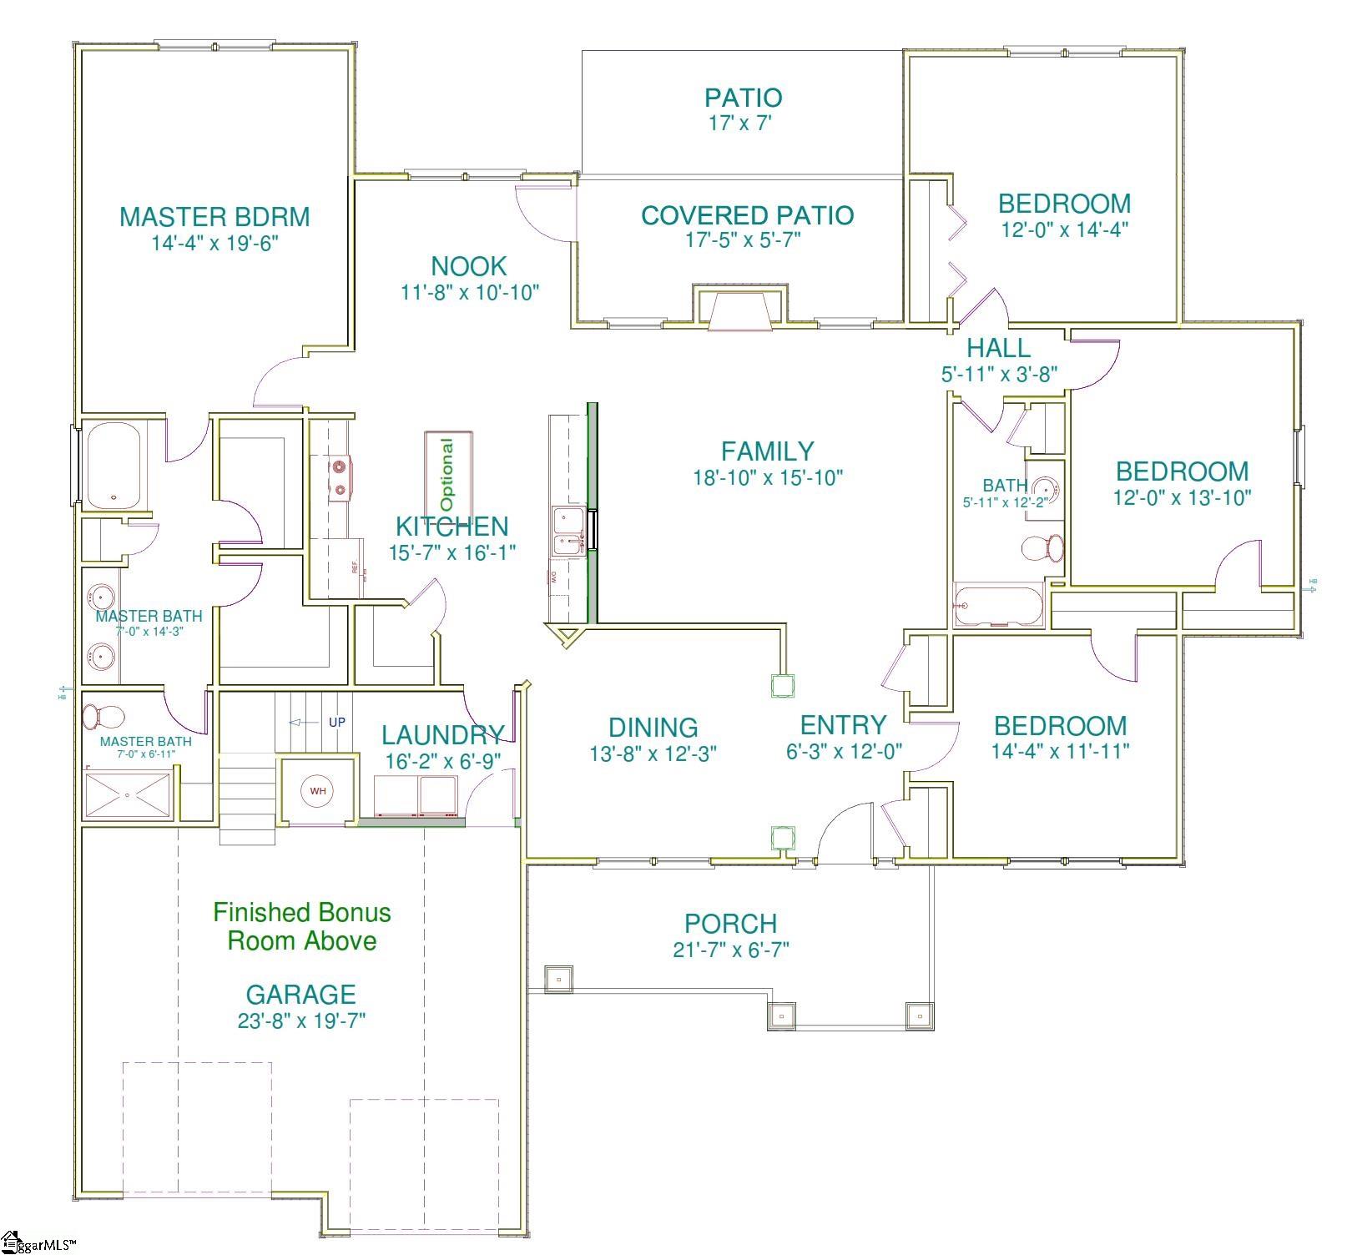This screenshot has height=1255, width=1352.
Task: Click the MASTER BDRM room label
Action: point(214,217)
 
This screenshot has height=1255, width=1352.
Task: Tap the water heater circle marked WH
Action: point(318,790)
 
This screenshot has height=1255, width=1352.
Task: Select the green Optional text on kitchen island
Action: point(448,475)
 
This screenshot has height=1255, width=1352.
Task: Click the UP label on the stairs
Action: point(336,723)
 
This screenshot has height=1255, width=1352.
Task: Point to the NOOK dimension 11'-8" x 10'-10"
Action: point(469,293)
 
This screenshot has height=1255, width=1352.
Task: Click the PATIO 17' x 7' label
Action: point(743,109)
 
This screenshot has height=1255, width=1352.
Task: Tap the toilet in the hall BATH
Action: point(1043,548)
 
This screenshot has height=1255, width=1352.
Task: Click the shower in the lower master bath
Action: point(128,795)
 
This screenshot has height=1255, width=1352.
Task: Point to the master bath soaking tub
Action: point(114,466)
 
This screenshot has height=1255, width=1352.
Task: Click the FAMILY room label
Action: point(767,451)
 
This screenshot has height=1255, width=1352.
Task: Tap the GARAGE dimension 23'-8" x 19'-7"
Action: point(301,1021)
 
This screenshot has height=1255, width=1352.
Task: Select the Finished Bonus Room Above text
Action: point(301,926)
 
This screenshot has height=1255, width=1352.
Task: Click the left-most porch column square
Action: point(558,978)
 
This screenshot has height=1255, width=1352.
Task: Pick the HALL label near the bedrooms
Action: point(998,348)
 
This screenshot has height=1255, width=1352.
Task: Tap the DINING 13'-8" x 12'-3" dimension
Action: point(653,754)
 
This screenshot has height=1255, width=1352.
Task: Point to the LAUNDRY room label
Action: point(442,735)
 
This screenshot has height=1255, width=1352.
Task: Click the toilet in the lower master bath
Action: point(103,716)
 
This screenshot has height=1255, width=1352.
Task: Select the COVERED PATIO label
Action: point(747,215)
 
